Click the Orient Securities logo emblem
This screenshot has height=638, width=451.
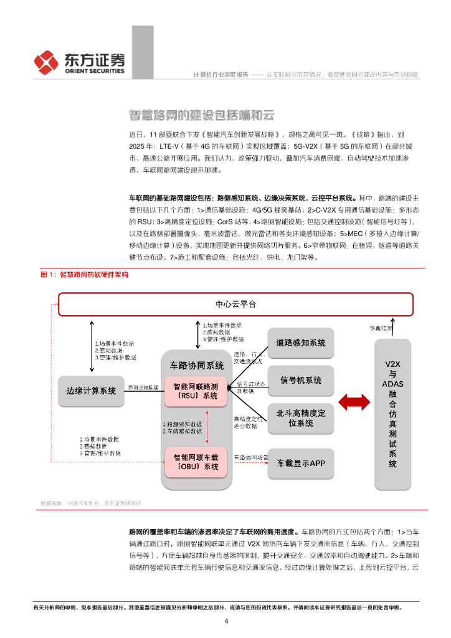point(46,62)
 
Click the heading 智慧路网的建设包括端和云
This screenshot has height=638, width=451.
point(201,115)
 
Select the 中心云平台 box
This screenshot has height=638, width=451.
point(235,305)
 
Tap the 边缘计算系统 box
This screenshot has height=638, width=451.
point(91,391)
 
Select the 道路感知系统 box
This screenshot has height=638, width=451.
point(301,343)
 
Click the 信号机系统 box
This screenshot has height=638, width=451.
point(301,380)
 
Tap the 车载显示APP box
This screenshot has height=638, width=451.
point(301,463)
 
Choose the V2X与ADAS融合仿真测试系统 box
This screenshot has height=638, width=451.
point(392,411)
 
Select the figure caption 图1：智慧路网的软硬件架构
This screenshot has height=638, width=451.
point(84,274)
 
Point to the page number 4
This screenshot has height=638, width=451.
point(226,621)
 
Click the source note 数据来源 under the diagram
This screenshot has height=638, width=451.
point(90,503)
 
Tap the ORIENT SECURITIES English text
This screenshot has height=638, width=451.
point(94,71)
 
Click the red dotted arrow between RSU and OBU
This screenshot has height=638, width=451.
point(206,427)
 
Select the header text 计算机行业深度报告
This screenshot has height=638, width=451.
point(221,75)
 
